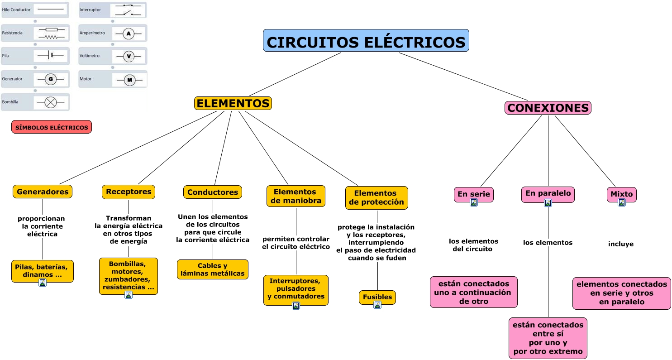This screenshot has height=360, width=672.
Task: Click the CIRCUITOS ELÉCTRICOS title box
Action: pos(366,40)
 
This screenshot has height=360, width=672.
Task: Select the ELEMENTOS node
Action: pos(233,103)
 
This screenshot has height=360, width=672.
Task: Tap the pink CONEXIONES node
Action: pos(548,108)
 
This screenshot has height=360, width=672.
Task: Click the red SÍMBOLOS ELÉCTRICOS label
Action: pos(52,127)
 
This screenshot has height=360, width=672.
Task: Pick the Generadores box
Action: pos(43,192)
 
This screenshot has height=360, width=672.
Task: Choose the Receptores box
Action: pos(129,192)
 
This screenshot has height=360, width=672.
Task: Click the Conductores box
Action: pos(213,192)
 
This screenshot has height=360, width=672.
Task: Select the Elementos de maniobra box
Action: pos(296,196)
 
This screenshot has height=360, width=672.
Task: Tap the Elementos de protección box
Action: pos(377,197)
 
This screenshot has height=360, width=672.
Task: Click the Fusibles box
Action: pos(377,297)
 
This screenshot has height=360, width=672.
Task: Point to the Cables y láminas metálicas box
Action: pos(213,269)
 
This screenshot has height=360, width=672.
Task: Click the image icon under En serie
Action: pos(474,203)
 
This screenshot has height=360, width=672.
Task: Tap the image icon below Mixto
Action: pos(622,203)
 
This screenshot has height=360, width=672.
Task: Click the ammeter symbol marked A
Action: pos(129,34)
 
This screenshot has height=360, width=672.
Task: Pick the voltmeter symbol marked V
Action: pos(129,57)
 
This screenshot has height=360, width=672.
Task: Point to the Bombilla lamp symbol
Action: pos(50,102)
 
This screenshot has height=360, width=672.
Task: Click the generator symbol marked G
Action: pos(50,79)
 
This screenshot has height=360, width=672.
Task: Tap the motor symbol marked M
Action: pos(129,80)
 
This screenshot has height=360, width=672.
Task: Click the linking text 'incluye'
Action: pos(621,244)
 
